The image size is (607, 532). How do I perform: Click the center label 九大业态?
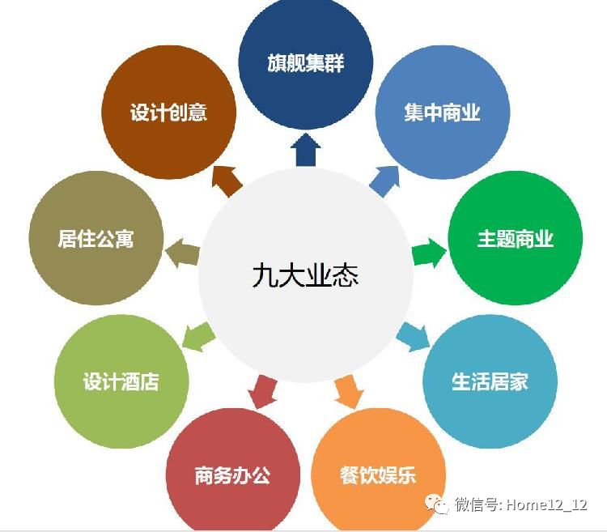[x=304, y=275]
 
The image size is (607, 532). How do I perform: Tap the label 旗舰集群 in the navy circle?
[x=307, y=62]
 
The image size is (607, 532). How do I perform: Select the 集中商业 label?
[x=442, y=112]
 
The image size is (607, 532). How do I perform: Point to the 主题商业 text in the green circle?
[x=515, y=239]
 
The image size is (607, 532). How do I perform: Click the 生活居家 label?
[x=490, y=381]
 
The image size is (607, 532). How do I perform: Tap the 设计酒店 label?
[x=121, y=381]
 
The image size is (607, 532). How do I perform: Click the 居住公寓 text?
[x=96, y=239]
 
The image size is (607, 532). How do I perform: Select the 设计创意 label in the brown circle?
[x=168, y=112]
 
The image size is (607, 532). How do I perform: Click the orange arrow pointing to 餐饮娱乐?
[x=346, y=391]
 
